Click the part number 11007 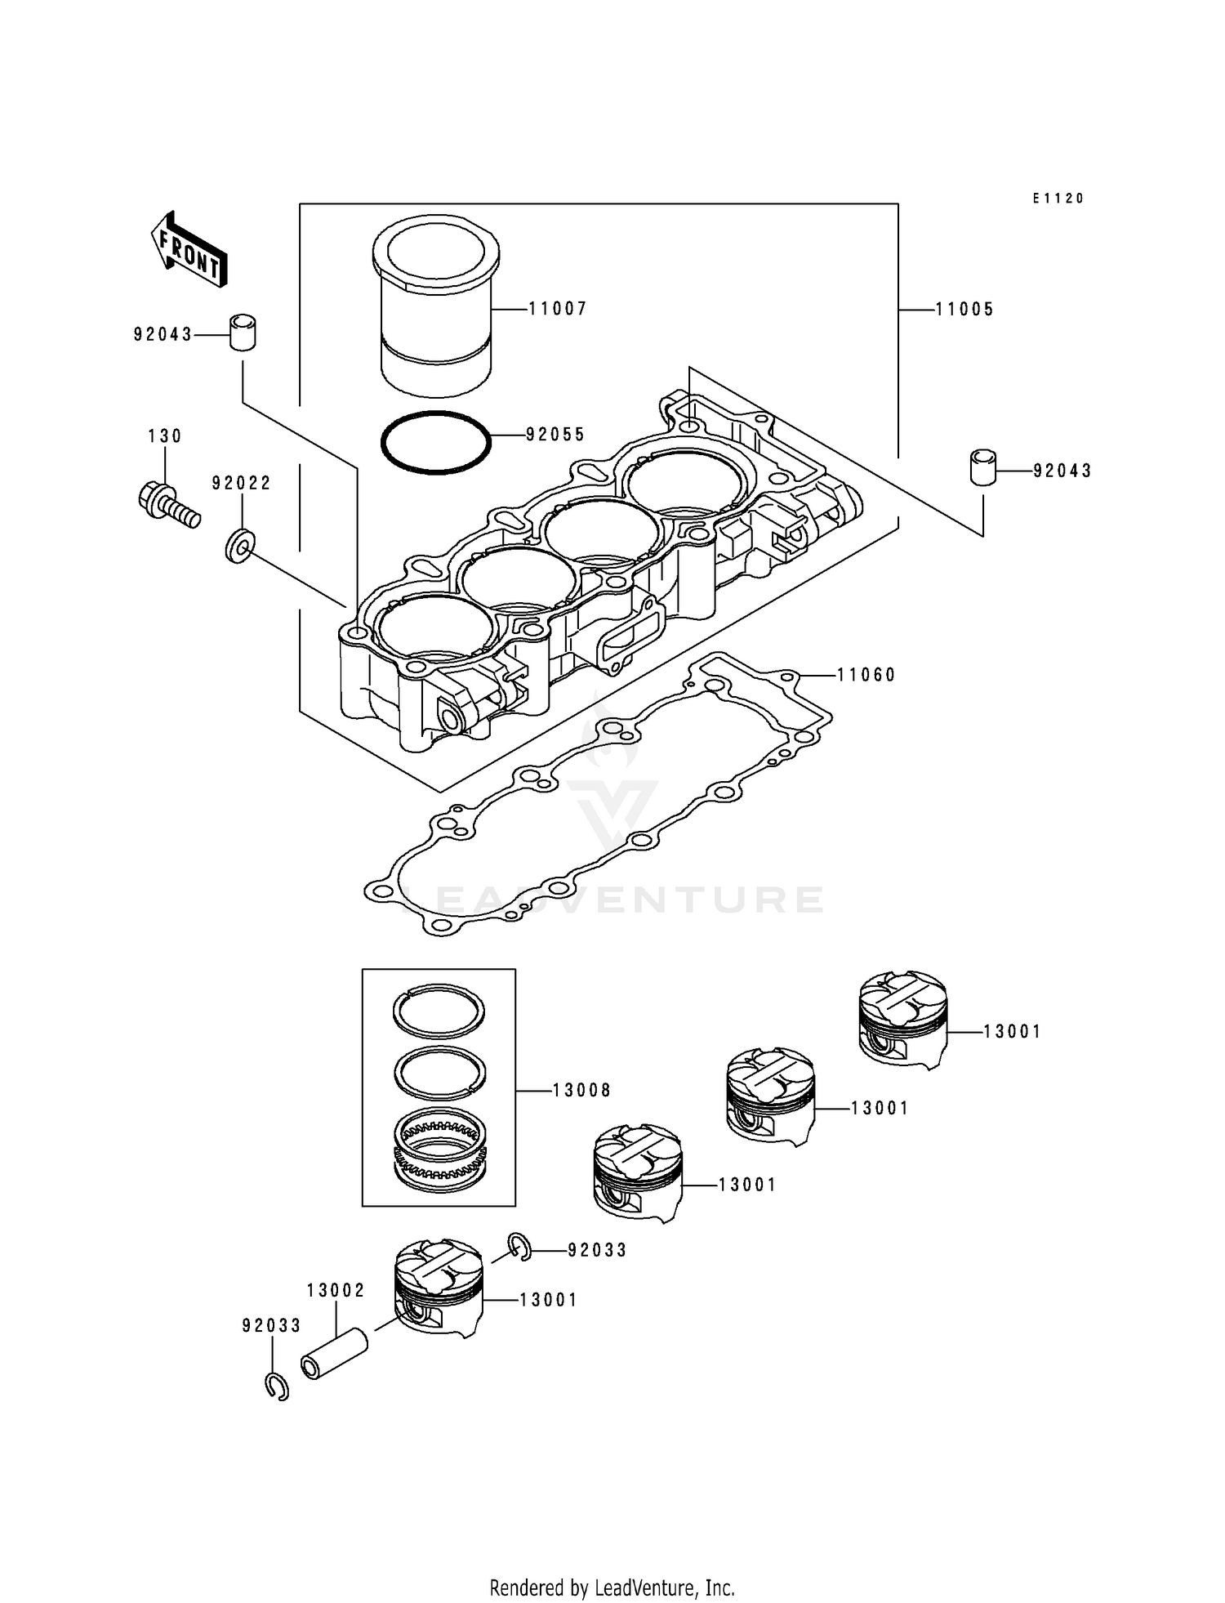558,309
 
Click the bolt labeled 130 168,505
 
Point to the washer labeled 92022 240,545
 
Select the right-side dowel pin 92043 982,467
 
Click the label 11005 964,310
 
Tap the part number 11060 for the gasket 866,675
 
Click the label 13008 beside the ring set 581,1091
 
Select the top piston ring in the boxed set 439,1011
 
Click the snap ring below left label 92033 278,1387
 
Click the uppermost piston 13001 903,1020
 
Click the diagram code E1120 1058,199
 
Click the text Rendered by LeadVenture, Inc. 612,1587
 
